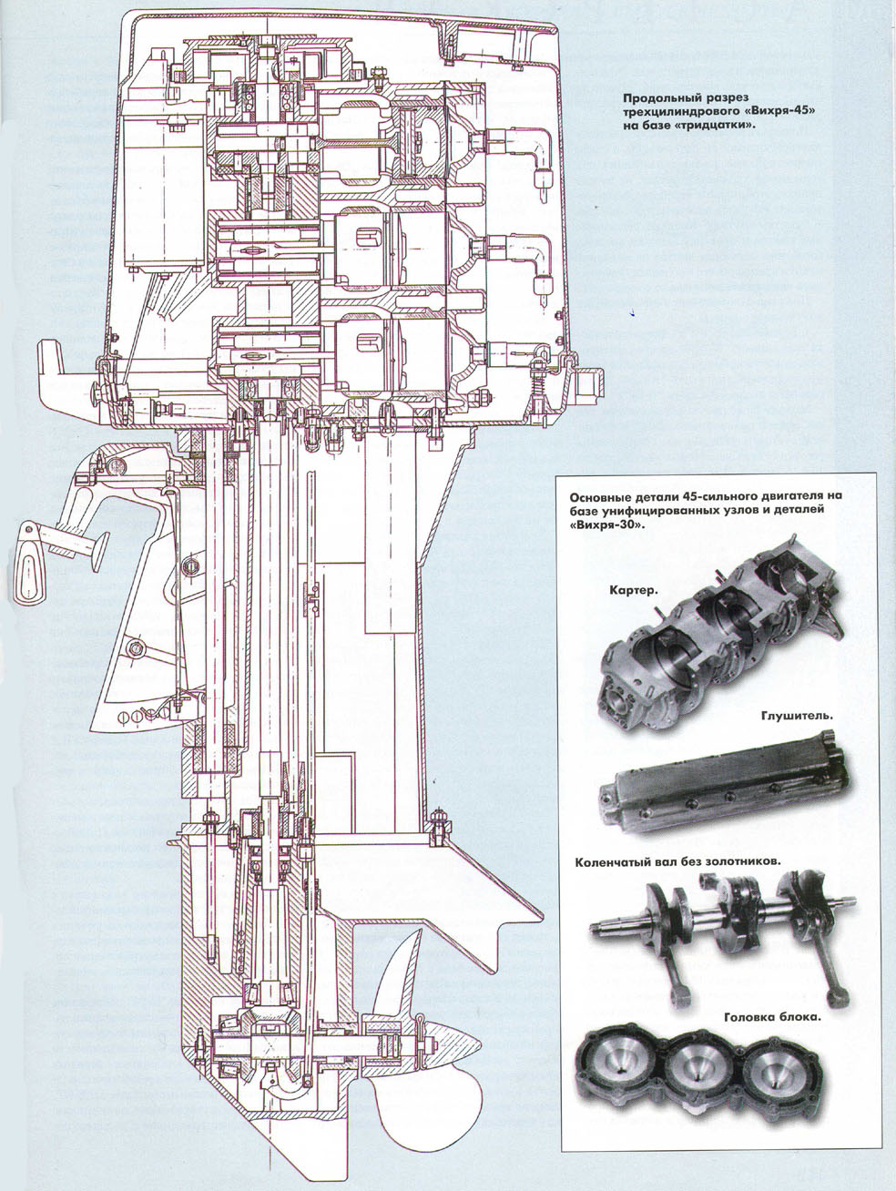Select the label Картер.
(632, 589)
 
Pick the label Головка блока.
(772, 1017)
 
